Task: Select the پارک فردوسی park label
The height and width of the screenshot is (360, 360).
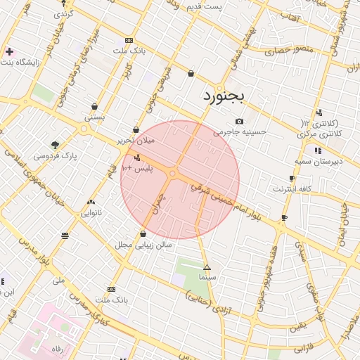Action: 55,155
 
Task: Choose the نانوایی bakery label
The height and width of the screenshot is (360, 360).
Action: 91,212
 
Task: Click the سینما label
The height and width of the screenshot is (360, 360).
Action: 207,278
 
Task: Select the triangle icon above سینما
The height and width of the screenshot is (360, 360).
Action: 207,267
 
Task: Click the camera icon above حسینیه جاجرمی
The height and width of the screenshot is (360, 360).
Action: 239,121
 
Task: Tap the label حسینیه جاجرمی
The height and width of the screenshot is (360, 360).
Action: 240,131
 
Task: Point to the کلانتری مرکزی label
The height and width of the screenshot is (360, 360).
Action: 320,133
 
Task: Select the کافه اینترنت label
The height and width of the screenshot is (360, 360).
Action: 292,189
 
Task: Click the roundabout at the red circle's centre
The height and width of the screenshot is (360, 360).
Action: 173,173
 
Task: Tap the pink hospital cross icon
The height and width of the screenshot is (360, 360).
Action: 9,51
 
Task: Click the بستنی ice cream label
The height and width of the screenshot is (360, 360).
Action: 94,117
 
